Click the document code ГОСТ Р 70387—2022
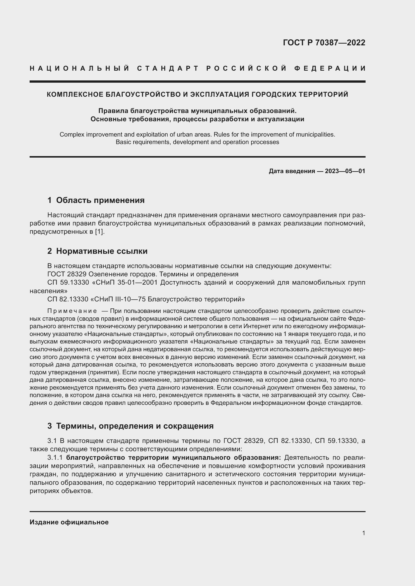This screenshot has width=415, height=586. (x=324, y=43)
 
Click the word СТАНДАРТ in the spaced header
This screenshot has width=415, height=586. (x=168, y=68)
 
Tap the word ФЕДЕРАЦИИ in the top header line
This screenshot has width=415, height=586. (x=330, y=68)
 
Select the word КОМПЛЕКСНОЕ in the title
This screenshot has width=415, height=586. (x=75, y=94)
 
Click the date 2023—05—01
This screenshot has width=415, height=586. (x=345, y=171)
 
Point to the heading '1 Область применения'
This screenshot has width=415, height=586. (x=96, y=200)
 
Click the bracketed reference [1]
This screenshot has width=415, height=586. (x=100, y=232)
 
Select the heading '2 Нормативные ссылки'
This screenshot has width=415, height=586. (x=97, y=251)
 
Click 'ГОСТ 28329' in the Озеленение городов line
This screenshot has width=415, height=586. (x=67, y=274)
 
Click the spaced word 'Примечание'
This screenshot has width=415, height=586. (x=72, y=311)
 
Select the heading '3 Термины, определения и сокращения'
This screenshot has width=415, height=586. (x=130, y=426)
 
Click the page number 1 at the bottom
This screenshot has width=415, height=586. (x=363, y=533)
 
